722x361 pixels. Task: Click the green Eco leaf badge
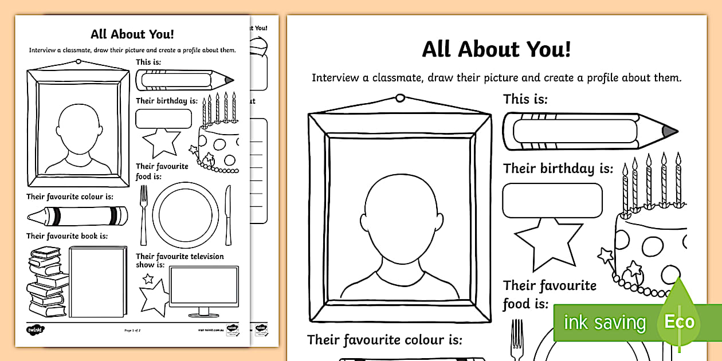point(679,320)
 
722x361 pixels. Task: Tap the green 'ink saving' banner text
point(604,323)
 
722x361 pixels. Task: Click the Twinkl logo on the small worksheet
point(35,329)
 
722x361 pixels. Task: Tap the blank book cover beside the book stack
point(97,281)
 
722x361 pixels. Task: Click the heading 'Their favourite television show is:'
point(179,261)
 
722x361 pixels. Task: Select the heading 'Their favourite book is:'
point(67,236)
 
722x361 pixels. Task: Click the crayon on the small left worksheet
point(77,215)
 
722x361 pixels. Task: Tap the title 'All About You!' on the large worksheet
point(496,49)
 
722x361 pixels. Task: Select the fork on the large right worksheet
point(517,338)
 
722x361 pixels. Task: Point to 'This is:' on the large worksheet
point(525,99)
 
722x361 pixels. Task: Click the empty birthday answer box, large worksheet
point(552,201)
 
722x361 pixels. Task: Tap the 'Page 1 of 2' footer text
point(133,331)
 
